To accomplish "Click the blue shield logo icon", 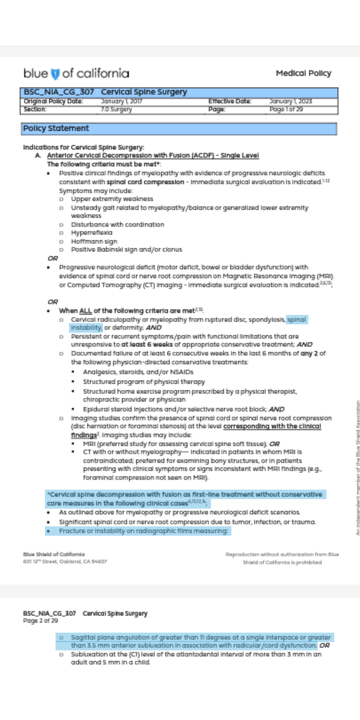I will (x=55, y=74).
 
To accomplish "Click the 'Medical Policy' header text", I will (x=303, y=73).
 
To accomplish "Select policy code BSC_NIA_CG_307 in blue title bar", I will (x=59, y=92).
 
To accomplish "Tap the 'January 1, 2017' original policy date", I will (x=121, y=101).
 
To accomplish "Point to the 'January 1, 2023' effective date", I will (x=291, y=101).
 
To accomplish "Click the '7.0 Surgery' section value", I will (x=116, y=109).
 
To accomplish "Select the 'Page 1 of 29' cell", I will (x=286, y=109).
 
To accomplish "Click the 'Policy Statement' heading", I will (x=56, y=129).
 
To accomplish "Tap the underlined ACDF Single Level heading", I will (x=153, y=155).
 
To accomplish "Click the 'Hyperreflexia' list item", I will (x=92, y=233).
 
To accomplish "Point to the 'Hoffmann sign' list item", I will (x=94, y=242).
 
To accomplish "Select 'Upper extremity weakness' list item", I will (x=112, y=199).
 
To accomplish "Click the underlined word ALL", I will (x=85, y=311).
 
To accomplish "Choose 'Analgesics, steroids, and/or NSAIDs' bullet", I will (x=138, y=372).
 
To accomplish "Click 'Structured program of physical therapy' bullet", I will (x=144, y=382).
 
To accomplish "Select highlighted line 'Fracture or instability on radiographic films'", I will (x=143, y=531).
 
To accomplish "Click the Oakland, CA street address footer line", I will (x=65, y=562).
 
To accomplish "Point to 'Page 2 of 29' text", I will (x=40, y=621).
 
